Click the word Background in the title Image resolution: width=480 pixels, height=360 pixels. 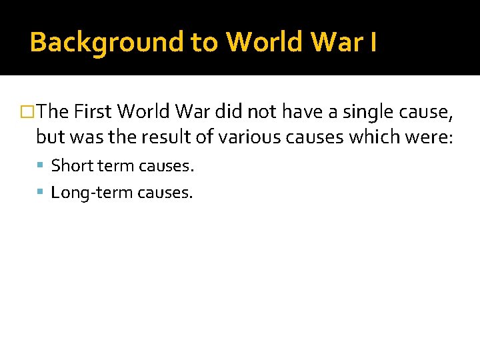(x=107, y=43)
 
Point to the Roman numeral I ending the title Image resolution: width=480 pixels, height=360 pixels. (x=373, y=43)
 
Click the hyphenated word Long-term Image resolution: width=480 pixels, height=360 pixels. (x=92, y=193)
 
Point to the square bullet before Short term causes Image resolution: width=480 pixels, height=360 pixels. (x=41, y=165)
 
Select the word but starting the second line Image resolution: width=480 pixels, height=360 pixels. (x=47, y=137)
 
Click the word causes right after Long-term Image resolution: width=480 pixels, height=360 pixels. (x=165, y=193)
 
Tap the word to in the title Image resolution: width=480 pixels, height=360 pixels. (x=205, y=43)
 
